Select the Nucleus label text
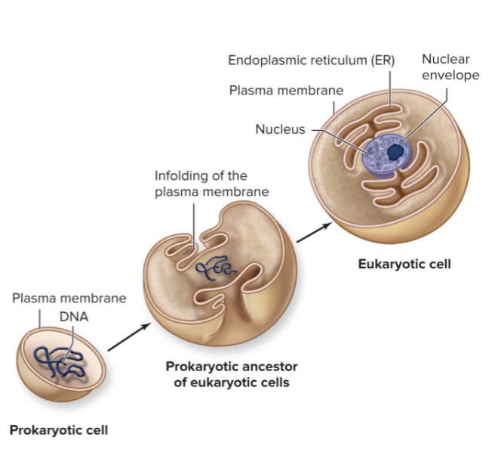[x=280, y=129]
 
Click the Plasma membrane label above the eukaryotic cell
[x=286, y=91]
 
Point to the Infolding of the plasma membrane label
[x=211, y=184]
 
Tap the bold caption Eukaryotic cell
[x=404, y=265]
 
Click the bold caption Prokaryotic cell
[x=58, y=430]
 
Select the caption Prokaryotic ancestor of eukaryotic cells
[x=232, y=374]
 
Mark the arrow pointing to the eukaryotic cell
[x=313, y=232]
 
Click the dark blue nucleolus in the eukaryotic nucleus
[x=395, y=152]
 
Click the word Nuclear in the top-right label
[x=444, y=59]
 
